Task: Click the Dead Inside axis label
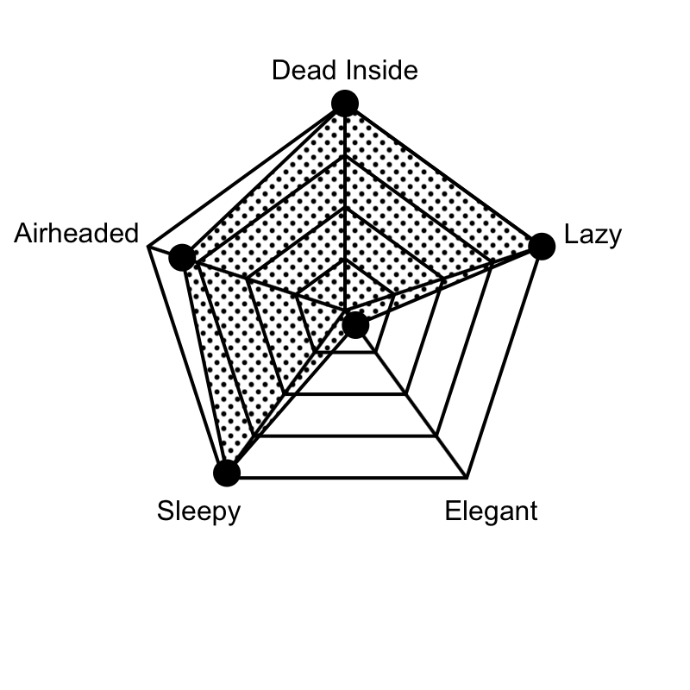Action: pos(344,70)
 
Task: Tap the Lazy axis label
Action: pos(593,235)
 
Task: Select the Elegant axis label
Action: pos(491,511)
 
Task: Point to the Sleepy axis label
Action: pos(199,511)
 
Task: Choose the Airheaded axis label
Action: pos(77,233)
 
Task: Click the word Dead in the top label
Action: pos(305,70)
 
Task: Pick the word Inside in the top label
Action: pos(382,70)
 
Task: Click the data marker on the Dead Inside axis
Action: pos(345,103)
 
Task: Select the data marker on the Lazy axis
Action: pos(542,247)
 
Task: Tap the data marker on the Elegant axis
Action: pos(355,326)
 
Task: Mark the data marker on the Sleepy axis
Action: pos(227,473)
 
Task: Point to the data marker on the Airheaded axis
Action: pos(182,257)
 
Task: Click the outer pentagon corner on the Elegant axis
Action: pos(467,477)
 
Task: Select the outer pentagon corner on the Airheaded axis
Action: pos(148,247)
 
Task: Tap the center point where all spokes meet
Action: pos(345,310)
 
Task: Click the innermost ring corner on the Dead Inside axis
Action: pos(345,259)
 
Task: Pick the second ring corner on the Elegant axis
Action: pos(405,394)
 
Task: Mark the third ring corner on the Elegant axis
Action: pos(436,436)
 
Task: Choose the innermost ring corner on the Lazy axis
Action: pos(394,294)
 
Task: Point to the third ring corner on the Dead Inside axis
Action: pos(345,155)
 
